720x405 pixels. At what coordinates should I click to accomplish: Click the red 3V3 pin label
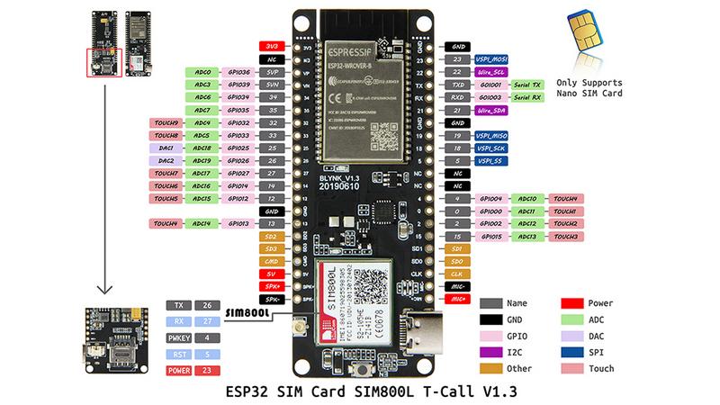[271, 45]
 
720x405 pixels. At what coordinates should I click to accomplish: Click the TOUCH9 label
[166, 122]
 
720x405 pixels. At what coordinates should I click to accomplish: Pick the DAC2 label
[166, 160]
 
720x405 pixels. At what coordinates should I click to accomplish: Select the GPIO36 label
[238, 71]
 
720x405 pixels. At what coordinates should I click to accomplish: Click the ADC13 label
[527, 236]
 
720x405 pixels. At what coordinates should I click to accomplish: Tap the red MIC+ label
[457, 298]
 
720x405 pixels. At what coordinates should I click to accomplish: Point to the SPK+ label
[271, 285]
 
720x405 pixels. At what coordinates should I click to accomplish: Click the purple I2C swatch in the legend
[490, 352]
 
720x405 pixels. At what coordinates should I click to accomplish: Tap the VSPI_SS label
[490, 160]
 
